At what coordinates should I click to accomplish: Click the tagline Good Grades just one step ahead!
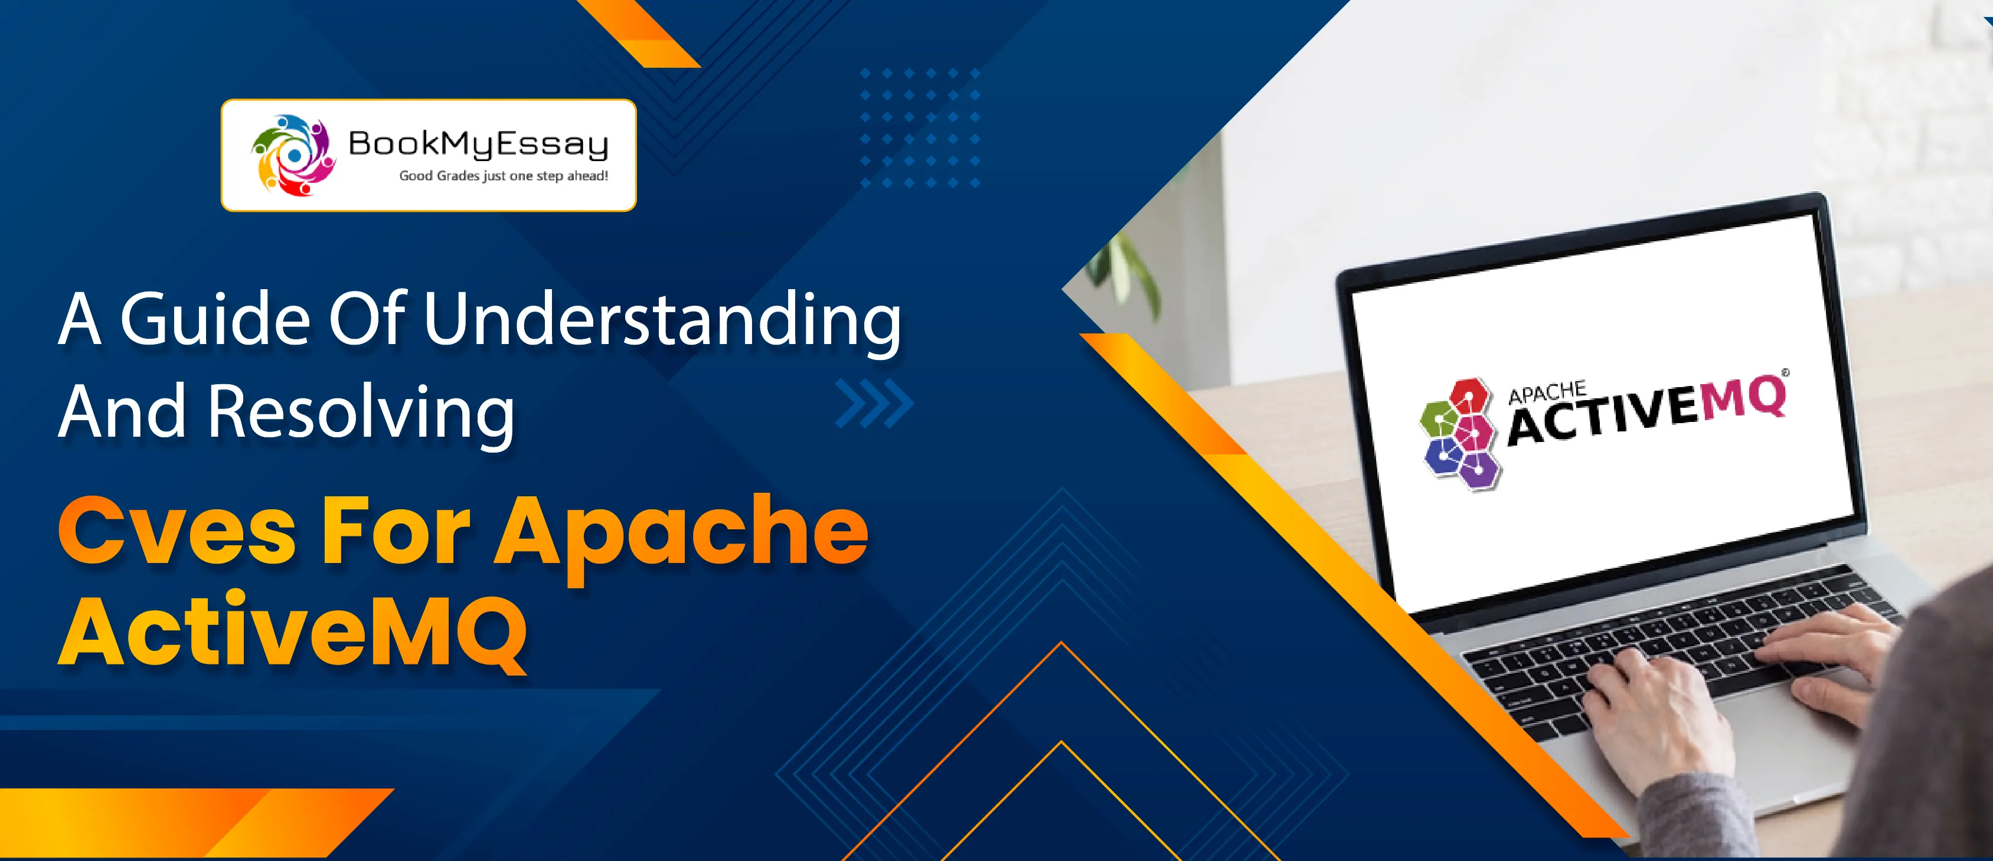(504, 176)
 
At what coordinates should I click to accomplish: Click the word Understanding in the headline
(662, 321)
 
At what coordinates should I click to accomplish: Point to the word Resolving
(361, 413)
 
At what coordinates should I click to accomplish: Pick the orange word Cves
(177, 532)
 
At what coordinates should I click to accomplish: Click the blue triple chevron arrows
(874, 403)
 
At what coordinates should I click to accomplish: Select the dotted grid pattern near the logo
(920, 127)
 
